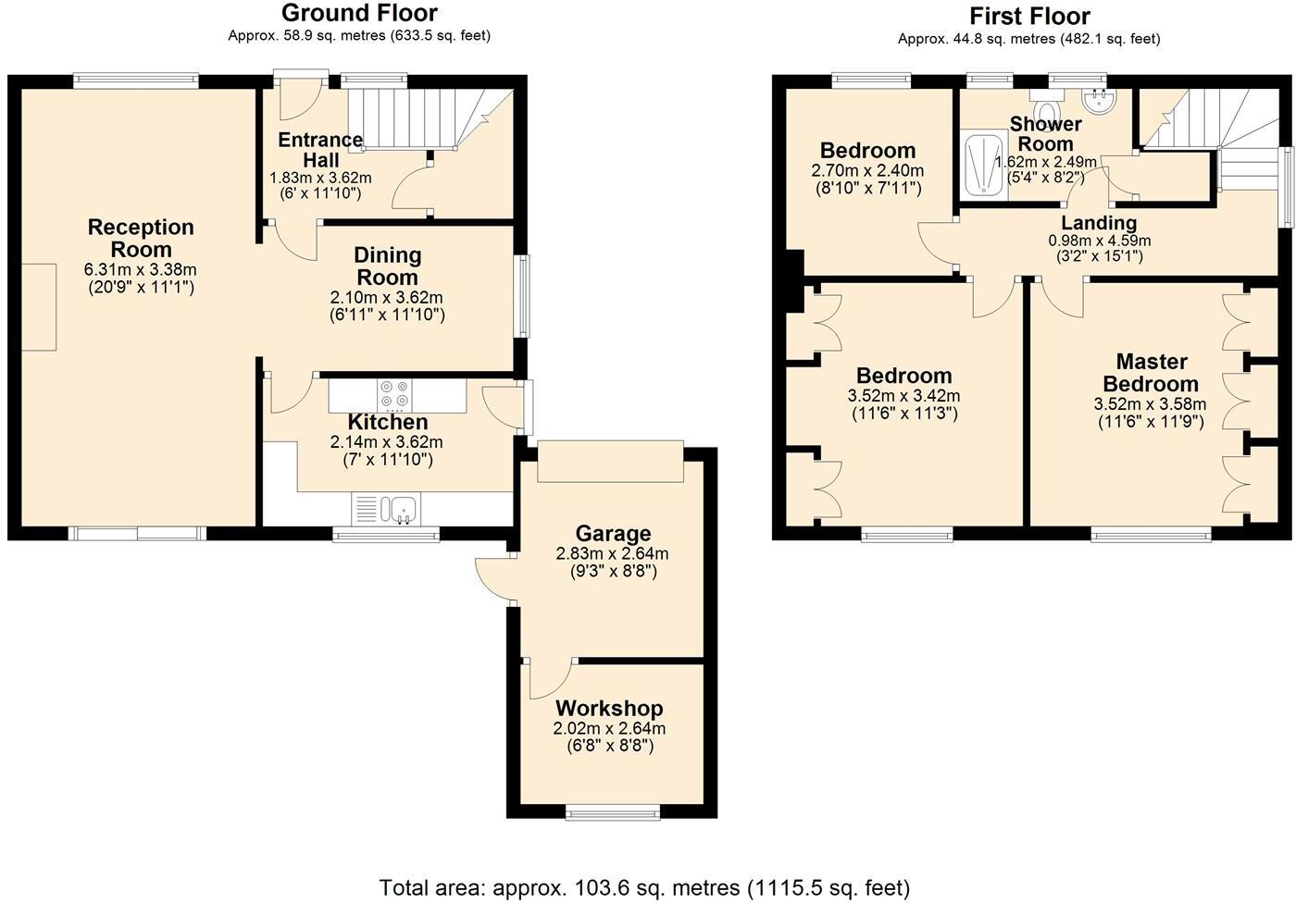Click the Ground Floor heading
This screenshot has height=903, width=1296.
coord(359,13)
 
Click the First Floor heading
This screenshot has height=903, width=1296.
coord(1029,16)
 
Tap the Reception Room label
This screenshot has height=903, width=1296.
coord(141,238)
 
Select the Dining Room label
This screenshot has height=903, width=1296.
coord(387,266)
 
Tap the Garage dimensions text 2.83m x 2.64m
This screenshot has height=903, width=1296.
coord(612,554)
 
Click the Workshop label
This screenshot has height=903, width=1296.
coord(608,709)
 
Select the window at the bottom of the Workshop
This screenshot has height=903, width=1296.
coord(613,813)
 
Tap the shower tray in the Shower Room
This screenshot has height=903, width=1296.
coord(982,165)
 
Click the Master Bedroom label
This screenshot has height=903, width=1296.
coord(1151,373)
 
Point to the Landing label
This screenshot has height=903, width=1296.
coord(1099,223)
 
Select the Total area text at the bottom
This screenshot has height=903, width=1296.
coord(645,887)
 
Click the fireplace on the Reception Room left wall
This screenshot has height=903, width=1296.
coord(38,306)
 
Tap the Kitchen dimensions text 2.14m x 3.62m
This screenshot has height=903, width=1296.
coord(386,442)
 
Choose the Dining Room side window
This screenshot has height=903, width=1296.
coord(524,296)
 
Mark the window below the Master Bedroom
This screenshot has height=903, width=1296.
coord(1151,534)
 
